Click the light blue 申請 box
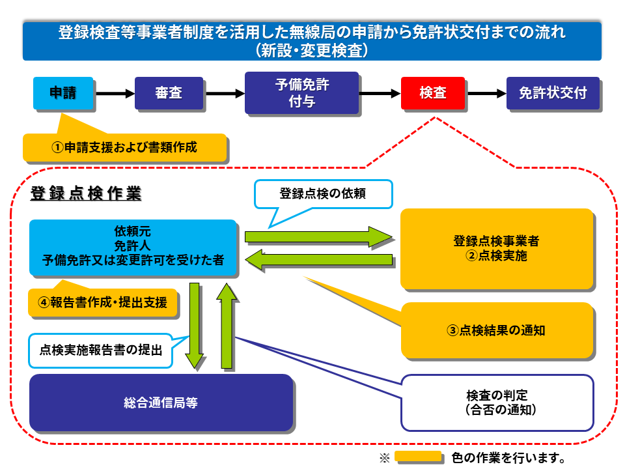pos(63,93)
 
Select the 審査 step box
pos(169,93)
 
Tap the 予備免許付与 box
pos(301,93)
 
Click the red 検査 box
pos(433,93)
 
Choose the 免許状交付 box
pos(552,93)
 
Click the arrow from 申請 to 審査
pos(114,94)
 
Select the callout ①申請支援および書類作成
pos(124,147)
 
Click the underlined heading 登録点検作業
pos(85,193)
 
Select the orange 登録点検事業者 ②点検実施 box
pos(496,248)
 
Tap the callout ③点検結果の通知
pos(496,330)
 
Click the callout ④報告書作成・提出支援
pos(102,302)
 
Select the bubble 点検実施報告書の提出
pos(100,350)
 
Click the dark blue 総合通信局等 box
pos(160,403)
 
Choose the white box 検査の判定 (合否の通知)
pos(496,403)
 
